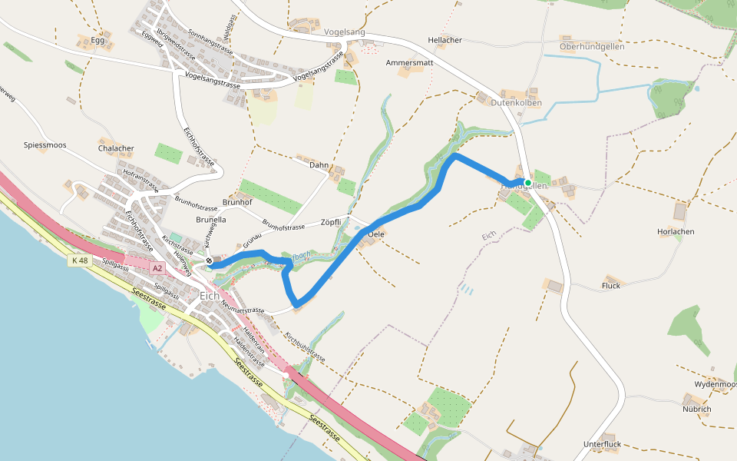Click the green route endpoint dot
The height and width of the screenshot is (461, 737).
tap(528, 182)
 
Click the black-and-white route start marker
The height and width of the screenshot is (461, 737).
tap(209, 261)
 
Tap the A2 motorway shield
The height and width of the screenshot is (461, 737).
tap(157, 268)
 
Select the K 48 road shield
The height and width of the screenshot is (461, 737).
tap(80, 260)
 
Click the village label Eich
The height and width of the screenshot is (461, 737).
tap(208, 296)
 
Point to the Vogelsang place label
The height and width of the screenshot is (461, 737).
tap(345, 32)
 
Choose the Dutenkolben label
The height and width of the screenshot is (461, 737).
tap(517, 103)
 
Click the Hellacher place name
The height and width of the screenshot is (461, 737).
tap(445, 39)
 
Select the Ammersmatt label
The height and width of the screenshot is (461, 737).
tap(410, 62)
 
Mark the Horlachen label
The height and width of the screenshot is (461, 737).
tap(676, 231)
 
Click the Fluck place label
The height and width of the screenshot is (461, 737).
tap(611, 286)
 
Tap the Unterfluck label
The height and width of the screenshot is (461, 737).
tap(602, 444)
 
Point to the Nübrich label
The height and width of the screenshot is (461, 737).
tap(696, 409)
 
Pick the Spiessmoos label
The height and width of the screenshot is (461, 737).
tap(45, 144)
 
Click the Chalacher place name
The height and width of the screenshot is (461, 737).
tap(116, 148)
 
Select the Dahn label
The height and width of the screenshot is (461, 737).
tap(319, 165)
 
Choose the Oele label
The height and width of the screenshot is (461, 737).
tap(376, 233)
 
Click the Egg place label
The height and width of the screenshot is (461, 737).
tap(97, 40)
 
